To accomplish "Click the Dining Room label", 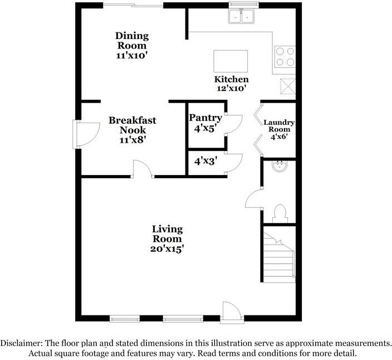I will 132,41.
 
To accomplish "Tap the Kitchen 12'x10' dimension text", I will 232,88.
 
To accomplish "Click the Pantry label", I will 205,118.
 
